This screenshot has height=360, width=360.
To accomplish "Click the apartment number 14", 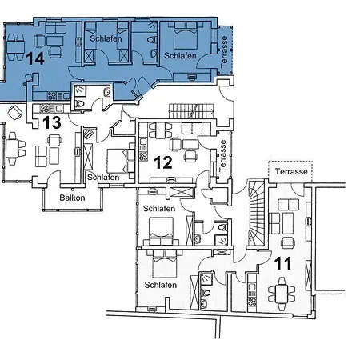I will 35,58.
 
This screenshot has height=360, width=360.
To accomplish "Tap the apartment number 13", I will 51,122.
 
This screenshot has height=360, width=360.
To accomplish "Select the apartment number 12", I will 163,162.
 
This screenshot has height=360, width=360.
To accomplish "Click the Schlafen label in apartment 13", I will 103,177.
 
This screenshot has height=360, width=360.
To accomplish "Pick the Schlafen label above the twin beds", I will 106,38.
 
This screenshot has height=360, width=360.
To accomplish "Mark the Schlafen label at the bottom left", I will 160,284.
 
